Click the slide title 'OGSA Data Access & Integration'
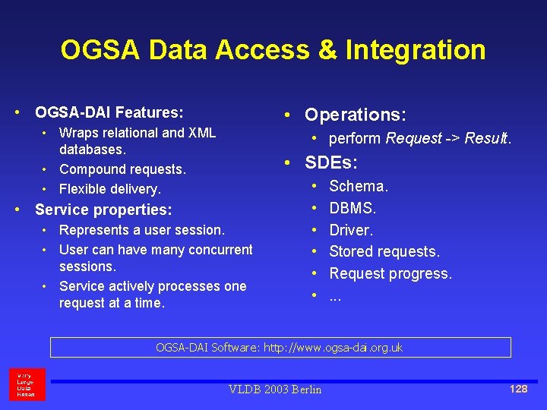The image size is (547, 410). click(x=273, y=50)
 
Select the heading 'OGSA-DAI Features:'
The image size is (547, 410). click(x=109, y=113)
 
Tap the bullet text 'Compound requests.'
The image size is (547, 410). click(x=122, y=169)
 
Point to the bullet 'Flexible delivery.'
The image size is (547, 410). click(x=110, y=189)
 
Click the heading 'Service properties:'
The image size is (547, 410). click(x=103, y=210)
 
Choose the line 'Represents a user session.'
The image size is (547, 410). click(x=142, y=230)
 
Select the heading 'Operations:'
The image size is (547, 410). click(x=356, y=115)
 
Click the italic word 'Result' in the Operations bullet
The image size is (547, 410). click(x=486, y=138)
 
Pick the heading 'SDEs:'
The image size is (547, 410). click(x=331, y=162)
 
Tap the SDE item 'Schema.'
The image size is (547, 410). click(x=359, y=186)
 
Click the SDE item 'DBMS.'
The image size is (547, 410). click(x=353, y=208)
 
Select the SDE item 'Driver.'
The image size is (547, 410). click(x=351, y=230)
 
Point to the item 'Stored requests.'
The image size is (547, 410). click(x=384, y=251)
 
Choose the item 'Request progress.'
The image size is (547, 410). click(x=390, y=273)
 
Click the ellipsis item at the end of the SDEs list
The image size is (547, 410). click(x=335, y=295)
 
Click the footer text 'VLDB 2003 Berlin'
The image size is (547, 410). click(x=275, y=389)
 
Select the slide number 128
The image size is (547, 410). click(x=518, y=389)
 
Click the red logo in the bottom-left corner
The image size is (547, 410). click(x=27, y=384)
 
